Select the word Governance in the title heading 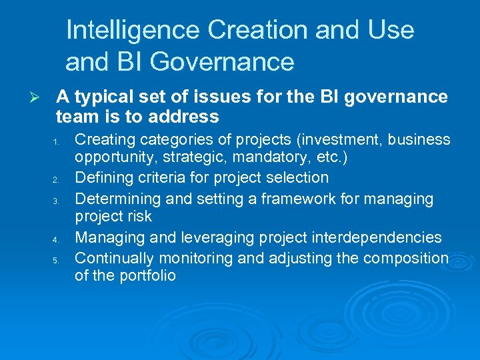point(222,62)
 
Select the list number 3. point(58,200)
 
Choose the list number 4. point(58,239)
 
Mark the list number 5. point(58,259)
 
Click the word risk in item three point(139,217)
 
